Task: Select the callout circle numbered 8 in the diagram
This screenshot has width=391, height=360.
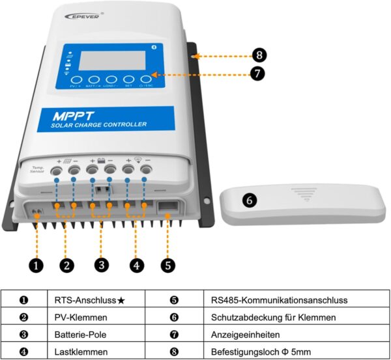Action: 259,56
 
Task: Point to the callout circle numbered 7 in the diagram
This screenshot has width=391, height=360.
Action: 259,74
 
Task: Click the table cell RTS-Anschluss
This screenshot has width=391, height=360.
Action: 88,300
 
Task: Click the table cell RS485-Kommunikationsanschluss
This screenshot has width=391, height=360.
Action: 270,300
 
